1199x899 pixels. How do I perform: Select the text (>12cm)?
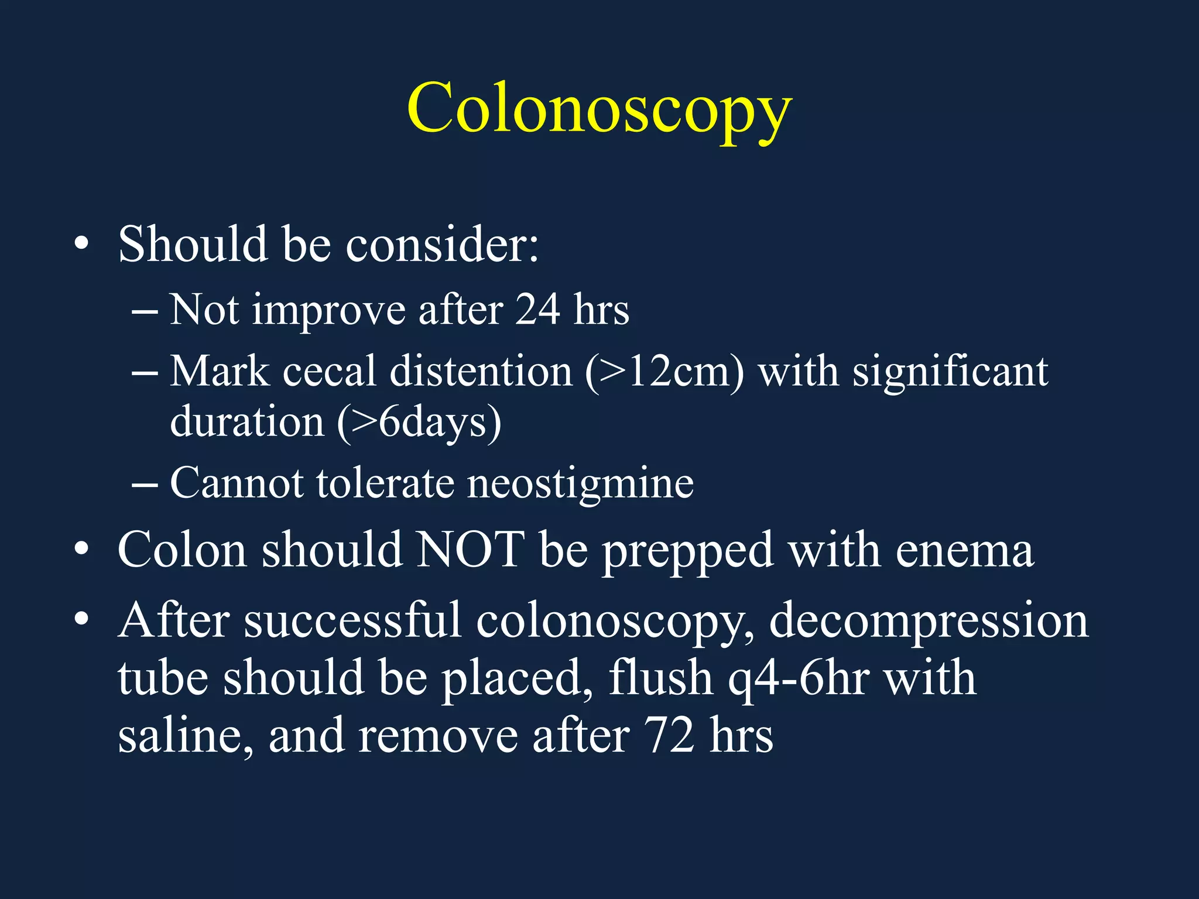click(664, 372)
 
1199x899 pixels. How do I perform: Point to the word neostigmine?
click(580, 484)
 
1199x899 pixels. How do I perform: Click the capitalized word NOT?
click(470, 550)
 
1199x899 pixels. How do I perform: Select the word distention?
click(481, 372)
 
